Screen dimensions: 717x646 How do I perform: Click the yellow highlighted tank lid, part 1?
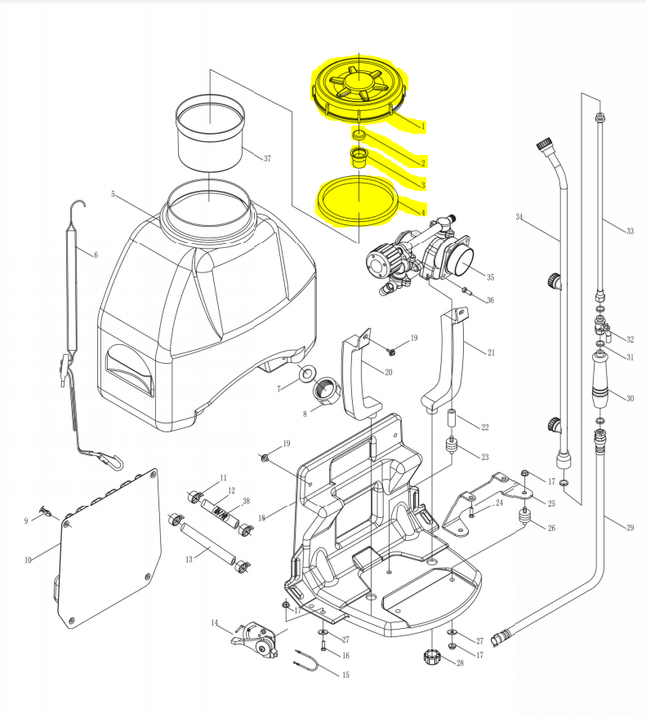pyautogui.click(x=358, y=90)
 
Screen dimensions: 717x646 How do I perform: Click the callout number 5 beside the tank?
pyautogui.click(x=114, y=194)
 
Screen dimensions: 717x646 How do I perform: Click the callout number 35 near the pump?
pyautogui.click(x=491, y=276)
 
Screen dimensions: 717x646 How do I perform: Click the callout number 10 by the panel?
pyautogui.click(x=28, y=560)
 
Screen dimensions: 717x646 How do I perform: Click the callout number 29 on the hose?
pyautogui.click(x=630, y=529)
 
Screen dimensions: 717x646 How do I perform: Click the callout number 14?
pyautogui.click(x=215, y=623)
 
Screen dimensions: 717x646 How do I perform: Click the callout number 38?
pyautogui.click(x=246, y=502)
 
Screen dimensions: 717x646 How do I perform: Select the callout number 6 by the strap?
pyautogui.click(x=96, y=254)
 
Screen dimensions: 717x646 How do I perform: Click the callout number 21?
pyautogui.click(x=491, y=352)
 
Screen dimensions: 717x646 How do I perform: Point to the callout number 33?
pyautogui.click(x=630, y=232)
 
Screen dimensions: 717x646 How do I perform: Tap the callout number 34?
pyautogui.click(x=519, y=217)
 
